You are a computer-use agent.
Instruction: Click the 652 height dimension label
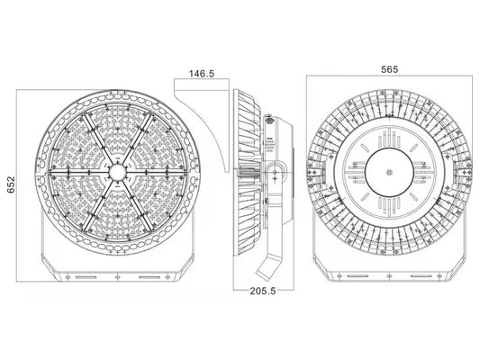point(11,184)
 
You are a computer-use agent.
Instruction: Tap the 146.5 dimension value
point(202,74)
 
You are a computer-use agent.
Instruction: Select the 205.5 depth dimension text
point(263,291)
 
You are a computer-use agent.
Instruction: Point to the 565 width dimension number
point(390,69)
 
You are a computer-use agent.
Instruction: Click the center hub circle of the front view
point(117,172)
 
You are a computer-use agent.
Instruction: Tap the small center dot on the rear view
point(389,172)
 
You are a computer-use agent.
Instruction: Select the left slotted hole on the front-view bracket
point(86,277)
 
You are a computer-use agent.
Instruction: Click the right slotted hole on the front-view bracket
point(149,277)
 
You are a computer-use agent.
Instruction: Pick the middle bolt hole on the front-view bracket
point(117,277)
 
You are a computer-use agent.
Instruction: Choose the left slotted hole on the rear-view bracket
point(358,276)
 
